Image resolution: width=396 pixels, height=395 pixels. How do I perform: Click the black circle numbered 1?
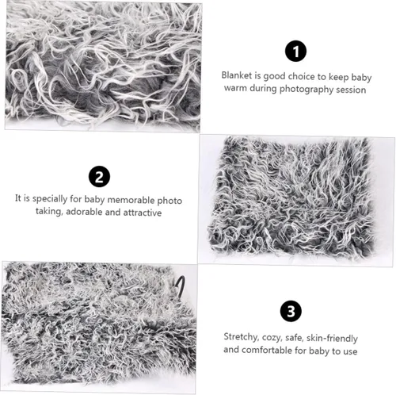(x=295, y=51)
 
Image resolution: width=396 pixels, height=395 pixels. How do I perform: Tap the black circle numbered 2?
(x=99, y=177)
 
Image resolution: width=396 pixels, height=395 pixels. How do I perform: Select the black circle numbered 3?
(x=291, y=311)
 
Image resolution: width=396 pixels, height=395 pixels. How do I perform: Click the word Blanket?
(x=237, y=75)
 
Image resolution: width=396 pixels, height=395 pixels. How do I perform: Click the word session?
(x=351, y=90)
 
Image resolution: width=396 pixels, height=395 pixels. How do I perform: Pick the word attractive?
(x=143, y=213)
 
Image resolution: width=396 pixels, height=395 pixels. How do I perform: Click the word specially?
(x=50, y=198)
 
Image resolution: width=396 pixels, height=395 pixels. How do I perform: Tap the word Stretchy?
(x=241, y=337)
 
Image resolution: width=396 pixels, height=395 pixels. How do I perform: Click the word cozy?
(x=272, y=338)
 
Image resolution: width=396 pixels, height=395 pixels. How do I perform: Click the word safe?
(x=294, y=338)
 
